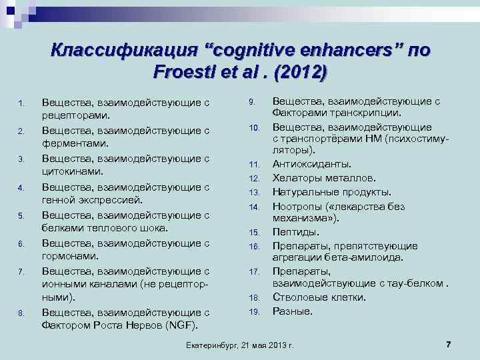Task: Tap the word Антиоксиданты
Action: coord(312,163)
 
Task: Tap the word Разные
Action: coord(292,311)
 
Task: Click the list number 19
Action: coord(253,311)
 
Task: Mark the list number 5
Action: coord(21,216)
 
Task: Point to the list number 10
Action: coord(253,127)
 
